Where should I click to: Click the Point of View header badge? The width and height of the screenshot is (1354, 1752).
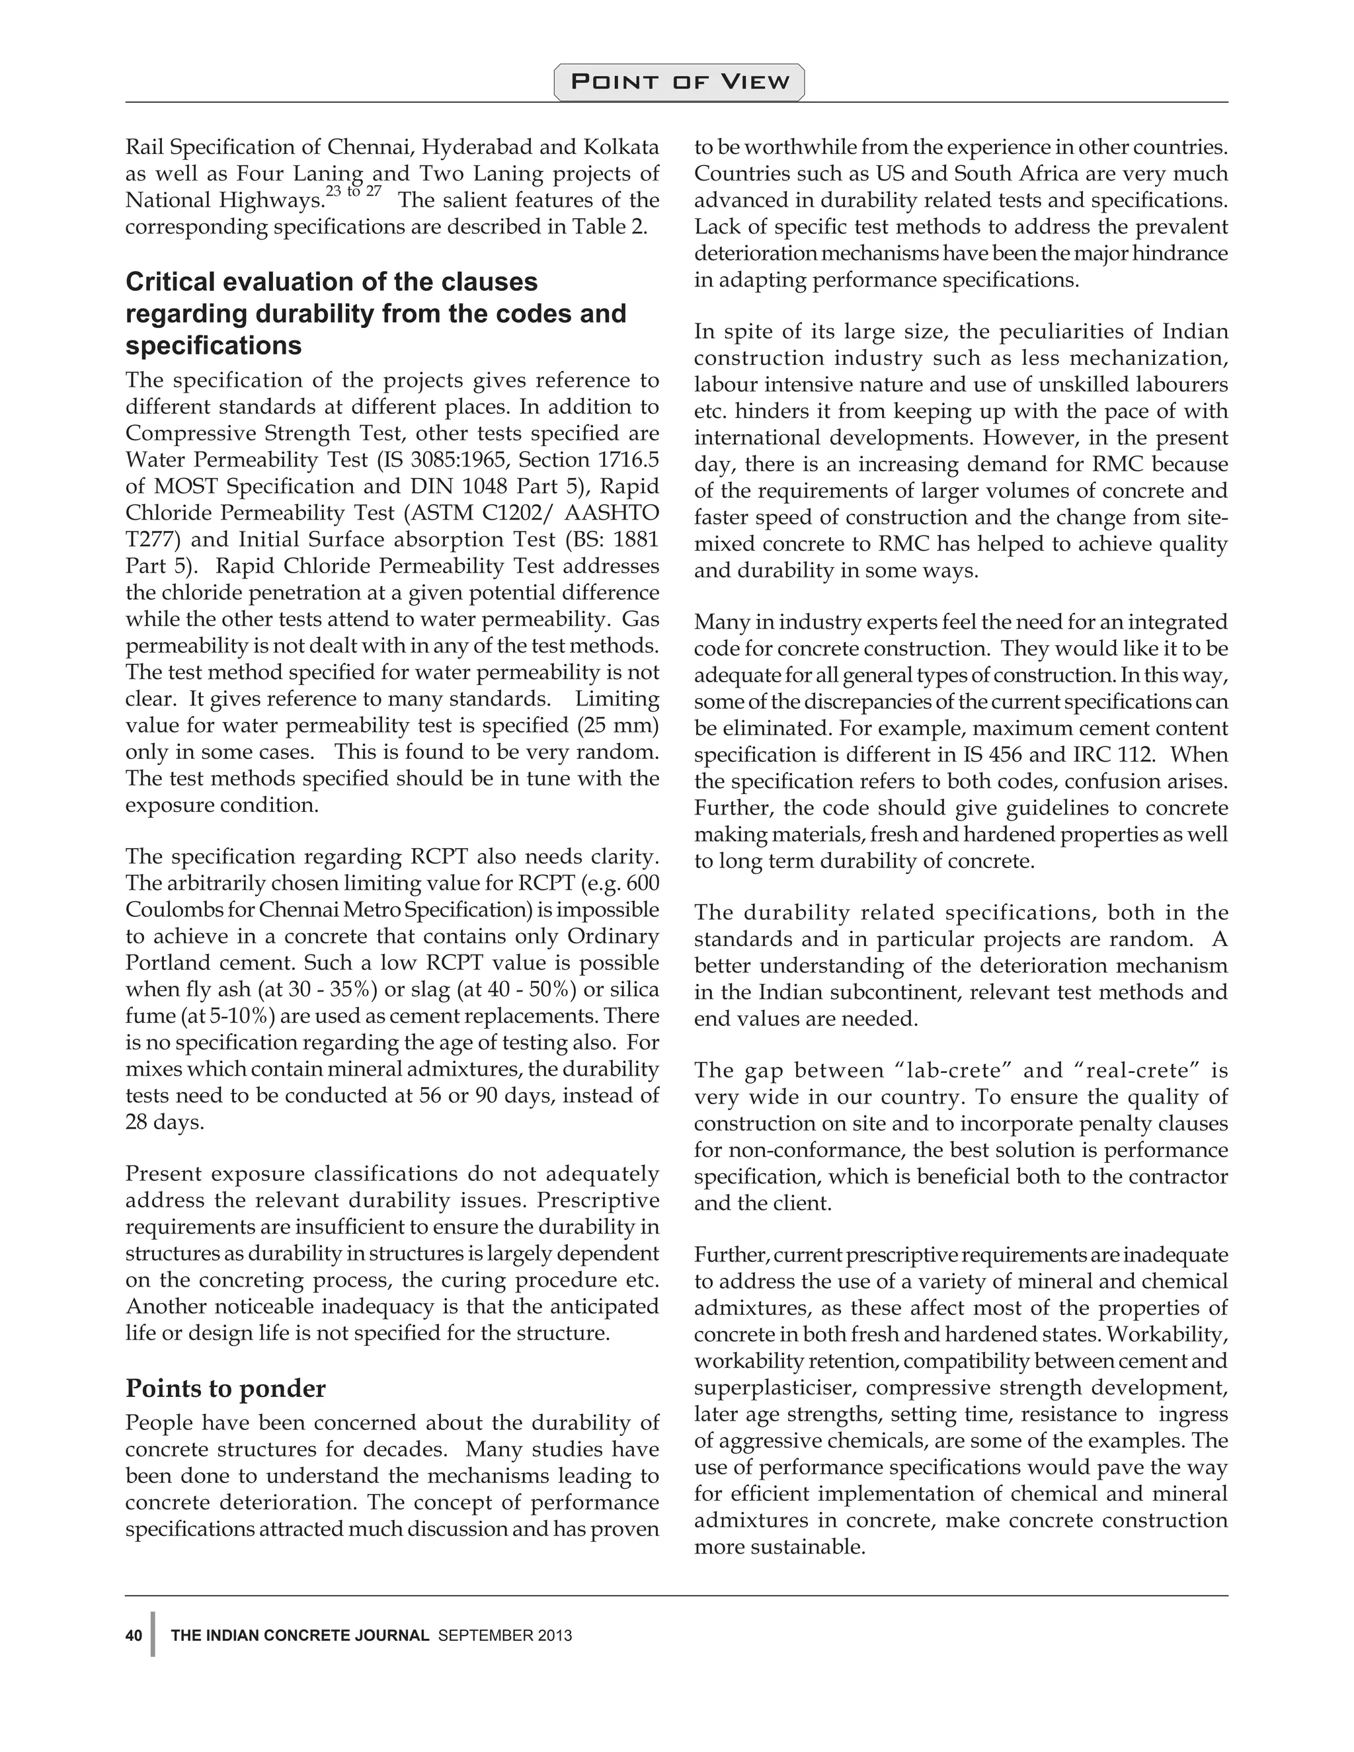(678, 82)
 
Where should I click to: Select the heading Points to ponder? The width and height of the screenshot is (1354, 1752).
(225, 1388)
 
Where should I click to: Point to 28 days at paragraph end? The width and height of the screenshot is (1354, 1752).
(165, 1121)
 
